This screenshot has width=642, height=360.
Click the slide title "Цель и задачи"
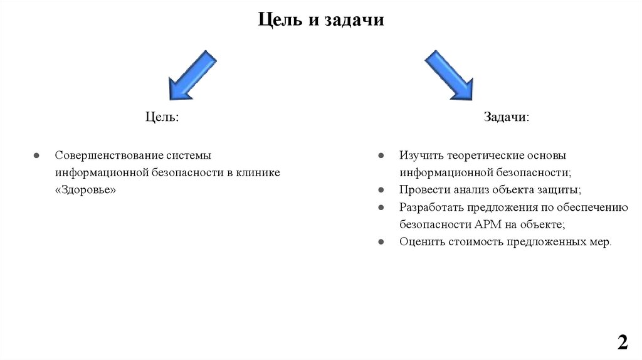[x=320, y=20]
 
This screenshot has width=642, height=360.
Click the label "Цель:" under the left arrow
[x=162, y=118]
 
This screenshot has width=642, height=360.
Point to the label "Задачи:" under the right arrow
[x=506, y=118]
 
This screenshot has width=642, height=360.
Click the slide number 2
[x=622, y=342]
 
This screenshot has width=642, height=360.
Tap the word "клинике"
[x=258, y=172]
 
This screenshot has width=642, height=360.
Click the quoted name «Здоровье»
[x=86, y=189]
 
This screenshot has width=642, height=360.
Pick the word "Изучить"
[x=419, y=155]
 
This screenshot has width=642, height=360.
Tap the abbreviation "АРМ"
[x=487, y=224]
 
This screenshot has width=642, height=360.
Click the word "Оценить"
[x=420, y=241]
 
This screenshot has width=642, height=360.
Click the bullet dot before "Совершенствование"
[x=37, y=155]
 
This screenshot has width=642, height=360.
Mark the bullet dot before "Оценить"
[x=381, y=241]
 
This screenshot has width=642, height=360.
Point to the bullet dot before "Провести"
[x=381, y=189]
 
